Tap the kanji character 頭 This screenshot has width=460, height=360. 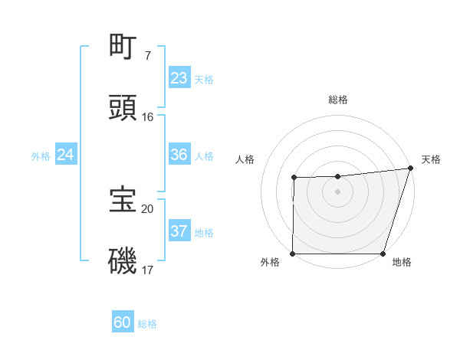(123, 108)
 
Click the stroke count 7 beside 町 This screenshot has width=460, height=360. (147, 56)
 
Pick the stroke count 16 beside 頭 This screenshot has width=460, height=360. (147, 117)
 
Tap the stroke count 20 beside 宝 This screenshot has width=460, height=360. (147, 208)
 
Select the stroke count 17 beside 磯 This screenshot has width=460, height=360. (147, 270)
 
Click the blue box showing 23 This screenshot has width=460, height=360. (179, 78)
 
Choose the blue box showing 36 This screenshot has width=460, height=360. (179, 155)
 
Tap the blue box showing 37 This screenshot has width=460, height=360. (179, 231)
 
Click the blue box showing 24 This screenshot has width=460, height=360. (66, 155)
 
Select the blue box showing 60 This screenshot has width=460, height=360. (123, 322)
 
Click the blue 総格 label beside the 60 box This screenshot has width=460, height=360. (147, 324)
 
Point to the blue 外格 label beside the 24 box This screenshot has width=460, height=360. (41, 156)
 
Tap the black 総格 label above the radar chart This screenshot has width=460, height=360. (337, 100)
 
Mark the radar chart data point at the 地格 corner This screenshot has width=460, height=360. (383, 254)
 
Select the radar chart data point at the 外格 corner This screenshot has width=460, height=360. (293, 254)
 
